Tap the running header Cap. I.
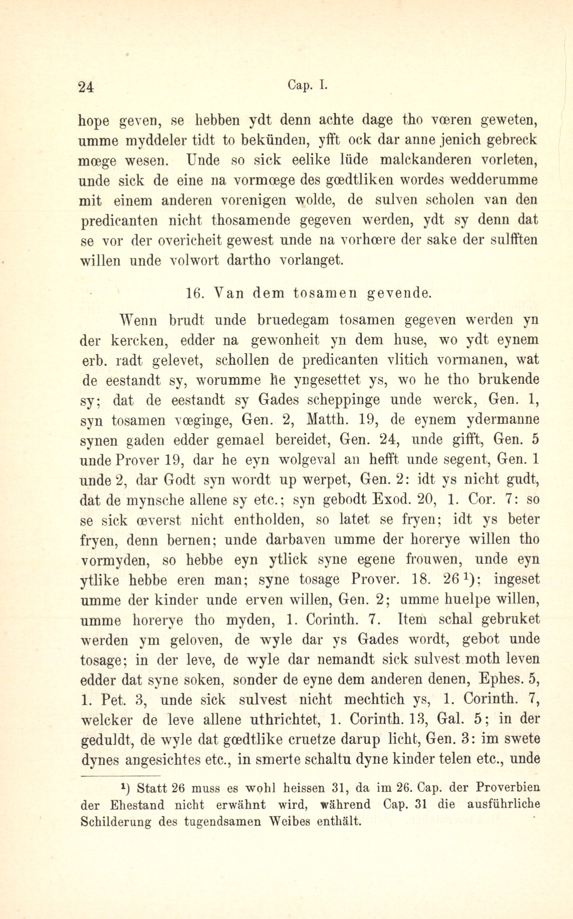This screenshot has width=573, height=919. point(307,86)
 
